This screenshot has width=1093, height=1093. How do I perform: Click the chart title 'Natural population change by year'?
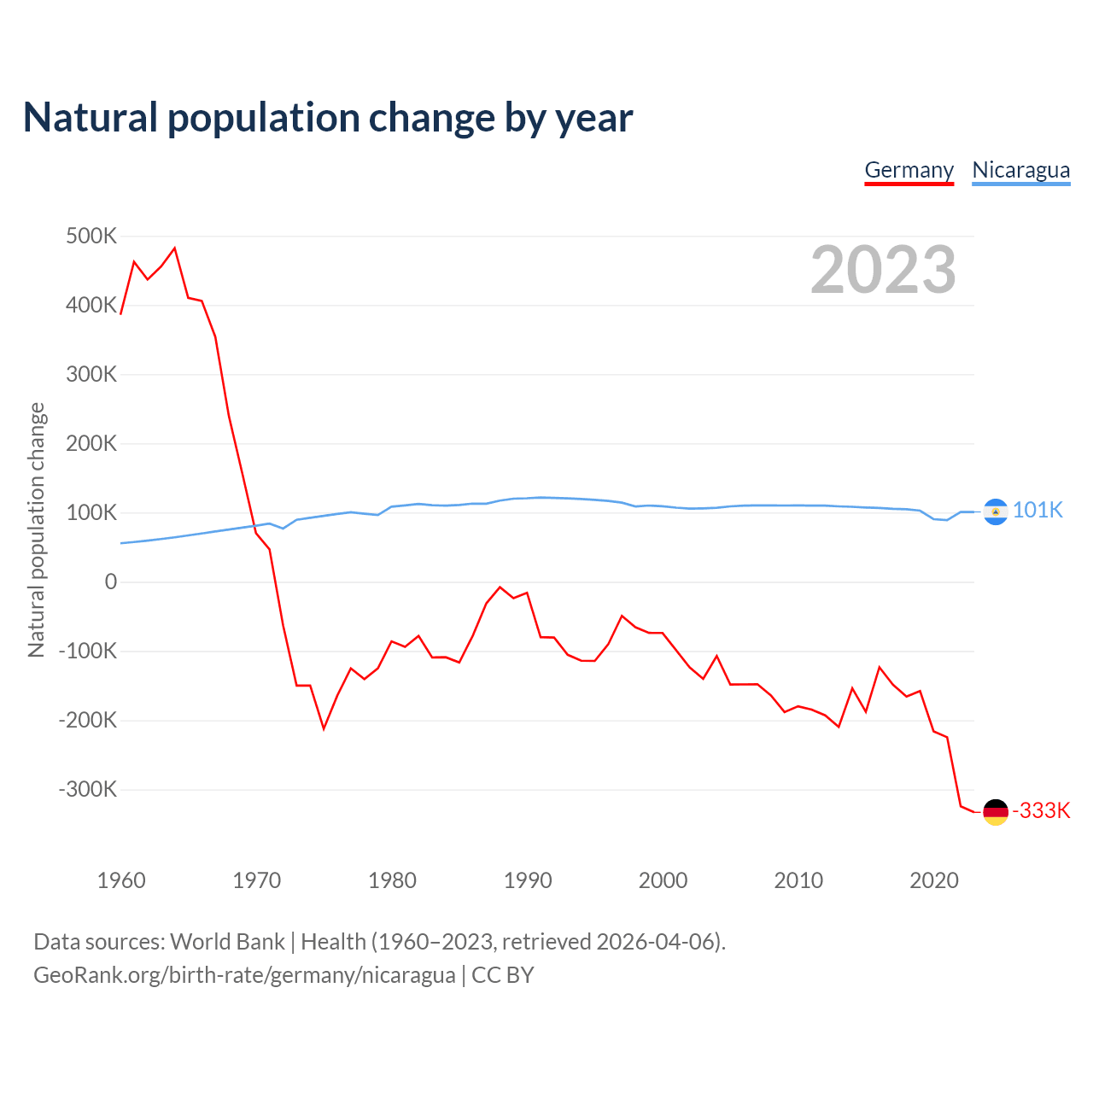tap(327, 118)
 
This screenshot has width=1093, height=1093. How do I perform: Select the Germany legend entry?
tap(909, 170)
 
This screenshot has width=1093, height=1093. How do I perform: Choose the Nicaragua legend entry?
tap(1020, 170)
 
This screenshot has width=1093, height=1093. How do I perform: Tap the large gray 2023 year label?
tap(883, 270)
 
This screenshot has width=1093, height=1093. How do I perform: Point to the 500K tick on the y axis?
tap(91, 236)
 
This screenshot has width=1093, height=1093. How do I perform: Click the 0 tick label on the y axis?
tap(111, 582)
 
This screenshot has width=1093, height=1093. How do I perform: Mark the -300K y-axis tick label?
tap(88, 789)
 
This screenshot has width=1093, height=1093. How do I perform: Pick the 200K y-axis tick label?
tap(91, 443)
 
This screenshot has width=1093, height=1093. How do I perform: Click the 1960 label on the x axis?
tap(121, 880)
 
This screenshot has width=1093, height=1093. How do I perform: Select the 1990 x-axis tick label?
tap(528, 880)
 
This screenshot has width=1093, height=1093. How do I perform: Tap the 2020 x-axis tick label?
tap(934, 880)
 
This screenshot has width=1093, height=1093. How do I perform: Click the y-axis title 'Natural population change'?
tap(37, 530)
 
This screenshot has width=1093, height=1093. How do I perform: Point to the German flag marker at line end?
tap(996, 812)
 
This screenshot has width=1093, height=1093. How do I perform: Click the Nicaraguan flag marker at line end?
tap(996, 511)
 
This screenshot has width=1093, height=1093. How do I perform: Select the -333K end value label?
tap(1041, 811)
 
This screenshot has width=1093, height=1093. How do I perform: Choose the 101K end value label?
tap(1037, 511)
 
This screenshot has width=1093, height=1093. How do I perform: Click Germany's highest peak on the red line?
tap(174, 248)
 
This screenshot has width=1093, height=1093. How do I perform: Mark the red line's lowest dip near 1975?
tap(324, 728)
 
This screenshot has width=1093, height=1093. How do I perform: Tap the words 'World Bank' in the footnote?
tap(227, 942)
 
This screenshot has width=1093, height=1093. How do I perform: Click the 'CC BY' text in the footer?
tap(502, 975)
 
